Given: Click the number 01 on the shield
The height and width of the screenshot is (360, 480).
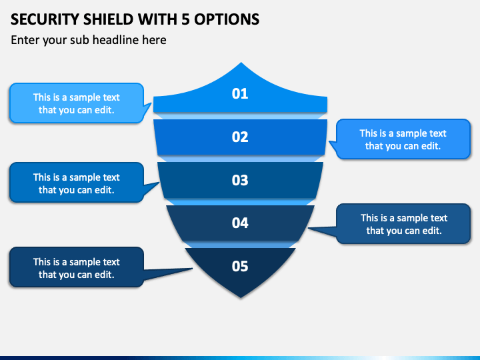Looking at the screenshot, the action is pyautogui.click(x=240, y=93).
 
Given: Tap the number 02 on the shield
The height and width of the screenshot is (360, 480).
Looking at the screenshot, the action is pyautogui.click(x=240, y=137).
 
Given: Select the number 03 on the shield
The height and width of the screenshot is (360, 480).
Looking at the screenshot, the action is pyautogui.click(x=240, y=180).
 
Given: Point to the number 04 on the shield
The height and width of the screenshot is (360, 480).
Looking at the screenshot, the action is pyautogui.click(x=240, y=223).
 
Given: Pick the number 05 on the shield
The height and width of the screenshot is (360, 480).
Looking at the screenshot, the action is pyautogui.click(x=240, y=266).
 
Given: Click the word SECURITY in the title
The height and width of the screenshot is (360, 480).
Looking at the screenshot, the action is pyautogui.click(x=45, y=19).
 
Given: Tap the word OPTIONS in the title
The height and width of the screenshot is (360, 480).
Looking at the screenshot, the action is pyautogui.click(x=227, y=19).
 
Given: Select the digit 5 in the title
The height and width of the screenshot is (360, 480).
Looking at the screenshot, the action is pyautogui.click(x=185, y=19).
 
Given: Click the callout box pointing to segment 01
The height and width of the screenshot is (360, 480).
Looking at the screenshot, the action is pyautogui.click(x=77, y=103).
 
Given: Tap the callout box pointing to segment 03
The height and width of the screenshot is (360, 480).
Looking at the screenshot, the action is pyautogui.click(x=77, y=183).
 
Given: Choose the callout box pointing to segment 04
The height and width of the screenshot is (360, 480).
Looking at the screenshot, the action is pyautogui.click(x=403, y=224).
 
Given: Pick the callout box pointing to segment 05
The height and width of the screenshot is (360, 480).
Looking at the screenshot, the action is pyautogui.click(x=77, y=267).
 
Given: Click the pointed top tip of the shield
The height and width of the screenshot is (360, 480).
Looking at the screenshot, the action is pyautogui.click(x=241, y=63).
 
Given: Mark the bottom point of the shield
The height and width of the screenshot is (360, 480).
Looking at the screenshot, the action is pyautogui.click(x=241, y=297).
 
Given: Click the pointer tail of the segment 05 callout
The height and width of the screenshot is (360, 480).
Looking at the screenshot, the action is pyautogui.click(x=191, y=269).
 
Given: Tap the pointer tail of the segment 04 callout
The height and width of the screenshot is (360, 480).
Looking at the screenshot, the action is pyautogui.click(x=309, y=228).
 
